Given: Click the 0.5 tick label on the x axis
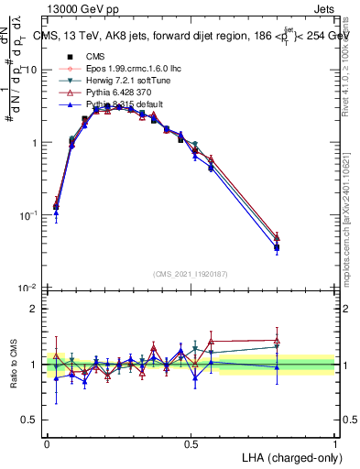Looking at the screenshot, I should point(191,442).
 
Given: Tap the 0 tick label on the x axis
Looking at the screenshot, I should point(48,442).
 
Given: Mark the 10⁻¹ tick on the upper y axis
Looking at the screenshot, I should point(31,215).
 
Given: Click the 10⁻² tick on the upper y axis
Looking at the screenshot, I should point(31,288).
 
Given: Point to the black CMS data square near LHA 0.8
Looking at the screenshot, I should point(277,247).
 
